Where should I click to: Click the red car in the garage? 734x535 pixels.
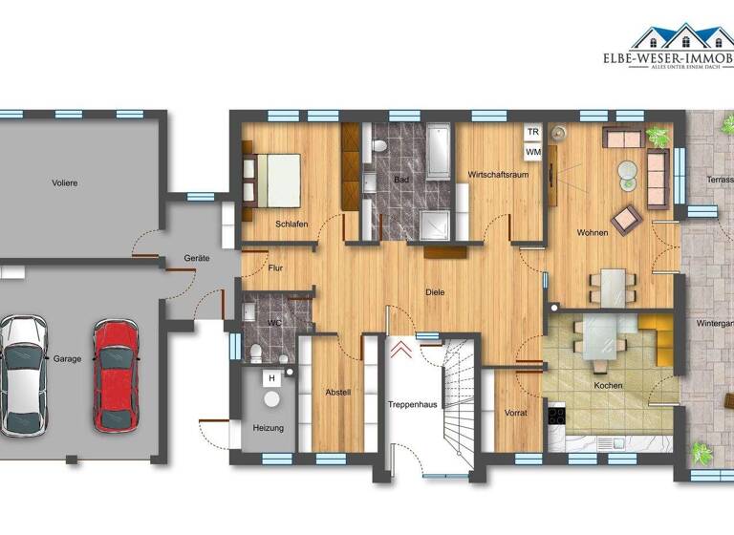(x=116, y=374)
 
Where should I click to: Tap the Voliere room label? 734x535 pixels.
(x=65, y=182)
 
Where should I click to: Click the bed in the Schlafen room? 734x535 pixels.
(x=278, y=179)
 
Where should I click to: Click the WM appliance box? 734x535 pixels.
(x=531, y=151)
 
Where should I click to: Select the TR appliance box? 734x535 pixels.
(x=531, y=132)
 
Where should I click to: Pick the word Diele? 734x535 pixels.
(x=436, y=292)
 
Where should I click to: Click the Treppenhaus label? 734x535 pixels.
(x=413, y=405)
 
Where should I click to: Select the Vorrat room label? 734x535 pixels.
(x=517, y=413)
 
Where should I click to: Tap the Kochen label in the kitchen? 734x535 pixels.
(x=608, y=386)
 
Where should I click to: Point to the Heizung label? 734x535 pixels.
(x=269, y=428)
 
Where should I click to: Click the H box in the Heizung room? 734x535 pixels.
(x=271, y=378)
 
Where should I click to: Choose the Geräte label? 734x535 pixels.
(x=198, y=259)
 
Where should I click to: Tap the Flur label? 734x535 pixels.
(x=277, y=268)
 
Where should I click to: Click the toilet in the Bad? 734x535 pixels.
(x=380, y=146)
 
